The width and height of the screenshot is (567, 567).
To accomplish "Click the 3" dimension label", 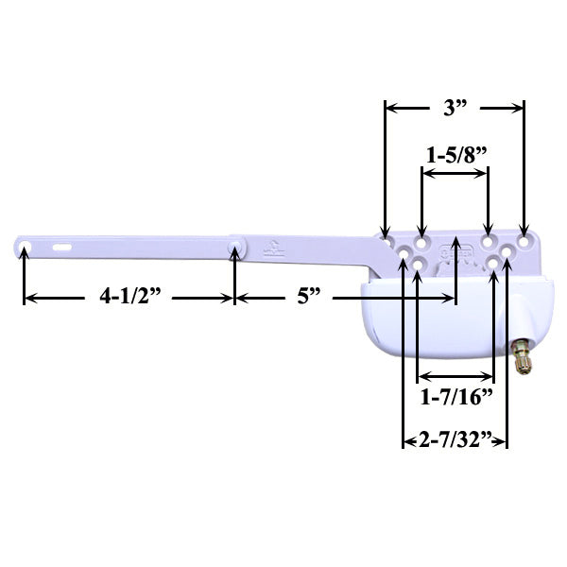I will (x=455, y=108).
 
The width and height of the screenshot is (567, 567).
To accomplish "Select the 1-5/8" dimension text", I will (x=455, y=152).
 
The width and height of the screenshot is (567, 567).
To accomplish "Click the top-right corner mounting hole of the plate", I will (x=524, y=231).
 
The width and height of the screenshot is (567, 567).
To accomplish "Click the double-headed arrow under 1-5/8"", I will (x=455, y=173).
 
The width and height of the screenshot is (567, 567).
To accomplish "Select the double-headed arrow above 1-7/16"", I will (x=455, y=375).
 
